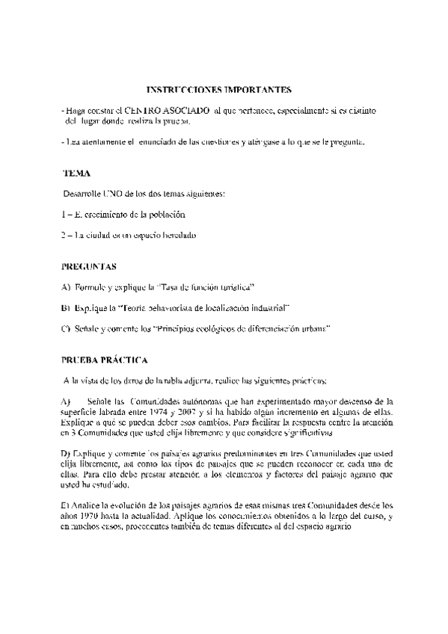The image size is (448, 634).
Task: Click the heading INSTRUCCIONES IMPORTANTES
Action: pos(218,90)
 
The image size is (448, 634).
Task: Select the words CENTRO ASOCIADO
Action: pos(167,110)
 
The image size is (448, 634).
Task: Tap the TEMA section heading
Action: pos(77,173)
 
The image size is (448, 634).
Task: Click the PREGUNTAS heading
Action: pos(88,266)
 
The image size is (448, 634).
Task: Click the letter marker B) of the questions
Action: pos(66,307)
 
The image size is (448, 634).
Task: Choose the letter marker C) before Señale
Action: pos(66,328)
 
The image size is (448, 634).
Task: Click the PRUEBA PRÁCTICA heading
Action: pos(104,360)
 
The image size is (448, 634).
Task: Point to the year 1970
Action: pos(92,515)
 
